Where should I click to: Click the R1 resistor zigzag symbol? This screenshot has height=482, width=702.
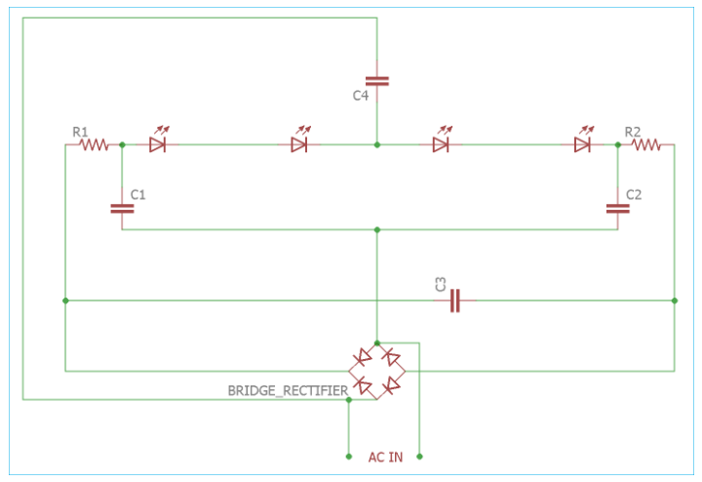click(94, 144)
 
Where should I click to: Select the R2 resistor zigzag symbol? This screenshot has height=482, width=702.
click(645, 144)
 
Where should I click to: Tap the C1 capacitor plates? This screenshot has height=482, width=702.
click(122, 208)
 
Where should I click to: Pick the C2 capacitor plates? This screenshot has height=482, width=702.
click(618, 208)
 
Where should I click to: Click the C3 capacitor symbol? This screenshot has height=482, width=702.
click(455, 301)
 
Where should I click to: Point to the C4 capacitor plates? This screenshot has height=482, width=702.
click(377, 81)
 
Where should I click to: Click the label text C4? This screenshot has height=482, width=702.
click(361, 96)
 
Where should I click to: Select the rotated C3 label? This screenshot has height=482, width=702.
click(441, 285)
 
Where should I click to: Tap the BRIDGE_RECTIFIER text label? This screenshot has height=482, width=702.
click(288, 390)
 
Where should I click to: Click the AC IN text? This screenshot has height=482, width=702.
click(385, 457)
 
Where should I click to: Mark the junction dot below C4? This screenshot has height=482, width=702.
click(377, 144)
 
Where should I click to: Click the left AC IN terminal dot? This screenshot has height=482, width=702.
click(349, 457)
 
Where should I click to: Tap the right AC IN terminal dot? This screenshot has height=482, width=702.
click(419, 457)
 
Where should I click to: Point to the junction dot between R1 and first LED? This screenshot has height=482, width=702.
click(122, 144)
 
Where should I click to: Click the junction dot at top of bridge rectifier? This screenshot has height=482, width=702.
click(377, 343)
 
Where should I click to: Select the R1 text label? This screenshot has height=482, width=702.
click(80, 132)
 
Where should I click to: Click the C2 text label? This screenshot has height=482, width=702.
click(634, 194)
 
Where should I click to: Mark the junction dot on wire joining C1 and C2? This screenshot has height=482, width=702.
click(377, 230)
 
